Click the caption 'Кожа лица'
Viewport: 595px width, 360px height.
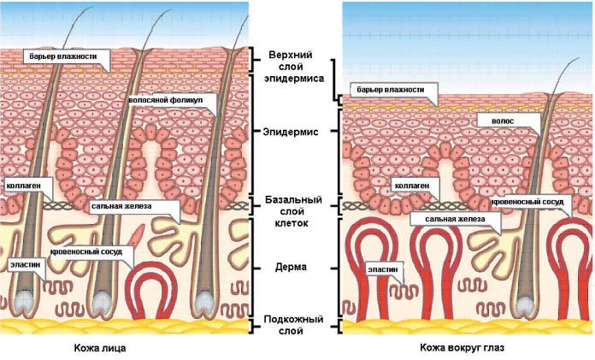(100, 348)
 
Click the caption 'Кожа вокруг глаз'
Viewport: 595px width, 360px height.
(462, 347)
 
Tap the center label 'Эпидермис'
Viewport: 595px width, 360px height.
(291, 133)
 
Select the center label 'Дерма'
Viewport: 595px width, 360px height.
(291, 267)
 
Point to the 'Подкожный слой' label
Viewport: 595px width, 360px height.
(293, 325)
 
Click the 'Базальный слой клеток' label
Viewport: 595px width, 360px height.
(293, 211)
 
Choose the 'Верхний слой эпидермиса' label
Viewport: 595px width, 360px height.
(294, 67)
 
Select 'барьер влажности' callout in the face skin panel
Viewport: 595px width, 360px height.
(66, 57)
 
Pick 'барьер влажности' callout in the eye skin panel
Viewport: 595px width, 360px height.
(393, 90)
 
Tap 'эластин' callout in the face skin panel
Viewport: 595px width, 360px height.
(27, 265)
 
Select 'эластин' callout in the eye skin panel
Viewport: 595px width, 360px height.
(384, 269)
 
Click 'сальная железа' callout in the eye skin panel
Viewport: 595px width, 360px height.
(456, 219)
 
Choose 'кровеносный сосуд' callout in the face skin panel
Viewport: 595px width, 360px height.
(91, 252)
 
